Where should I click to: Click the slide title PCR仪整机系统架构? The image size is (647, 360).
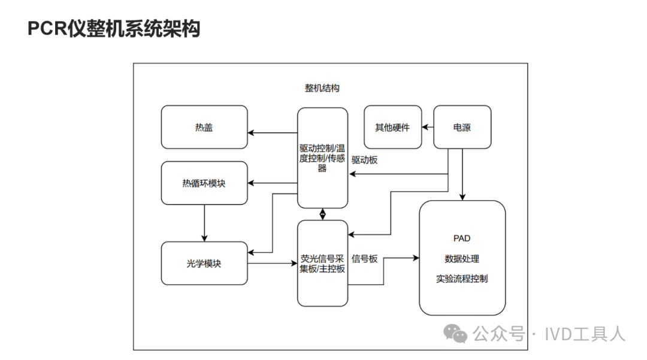pos(114,28)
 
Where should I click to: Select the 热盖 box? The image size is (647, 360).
pos(204,127)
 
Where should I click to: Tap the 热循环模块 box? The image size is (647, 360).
pos(204,183)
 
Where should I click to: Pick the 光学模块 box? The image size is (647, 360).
pos(204,263)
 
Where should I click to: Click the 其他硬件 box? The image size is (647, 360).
pos(392,127)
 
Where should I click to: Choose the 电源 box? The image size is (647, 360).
pos(462,127)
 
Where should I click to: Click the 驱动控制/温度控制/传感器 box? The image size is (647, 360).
pos(322,158)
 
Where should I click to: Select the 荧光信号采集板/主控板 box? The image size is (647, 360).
pos(322,264)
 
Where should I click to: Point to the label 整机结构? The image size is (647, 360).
pos(322,89)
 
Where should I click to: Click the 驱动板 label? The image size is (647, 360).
pos(364,160)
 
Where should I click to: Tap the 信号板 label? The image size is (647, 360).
pos(364,259)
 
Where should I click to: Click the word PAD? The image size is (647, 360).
pos(462,238)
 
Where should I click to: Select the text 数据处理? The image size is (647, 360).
pos(462,259)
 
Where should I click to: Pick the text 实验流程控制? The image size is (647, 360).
pos(462,279)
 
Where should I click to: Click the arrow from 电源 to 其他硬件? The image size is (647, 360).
pos(427,127)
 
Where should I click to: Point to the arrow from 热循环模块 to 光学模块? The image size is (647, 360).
pos(204,223)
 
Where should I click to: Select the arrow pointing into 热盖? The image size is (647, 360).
pos(273,132)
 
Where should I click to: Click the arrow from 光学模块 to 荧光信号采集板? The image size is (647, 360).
pos(273,263)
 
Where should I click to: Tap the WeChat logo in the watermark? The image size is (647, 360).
pos(455,334)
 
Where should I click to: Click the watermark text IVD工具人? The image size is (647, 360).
pos(585,334)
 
